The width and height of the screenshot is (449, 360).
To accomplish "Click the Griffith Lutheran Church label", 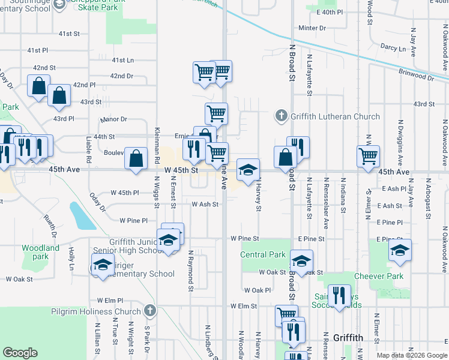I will (x=335, y=116).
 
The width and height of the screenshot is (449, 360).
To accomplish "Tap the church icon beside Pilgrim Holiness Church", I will (x=150, y=311).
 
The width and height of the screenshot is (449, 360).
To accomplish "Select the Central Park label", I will (x=263, y=254).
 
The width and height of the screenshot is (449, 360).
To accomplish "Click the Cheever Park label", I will (x=378, y=276).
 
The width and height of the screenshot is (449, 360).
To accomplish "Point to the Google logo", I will (x=20, y=353).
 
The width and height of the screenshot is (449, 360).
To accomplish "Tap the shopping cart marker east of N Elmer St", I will (x=368, y=156).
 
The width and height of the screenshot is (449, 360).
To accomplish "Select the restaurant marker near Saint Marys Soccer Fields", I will (x=340, y=295).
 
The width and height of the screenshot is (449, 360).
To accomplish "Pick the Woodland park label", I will (x=41, y=252).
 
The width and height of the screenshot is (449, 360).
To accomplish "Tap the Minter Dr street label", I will (x=312, y=28).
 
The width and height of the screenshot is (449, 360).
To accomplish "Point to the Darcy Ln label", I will (x=393, y=47).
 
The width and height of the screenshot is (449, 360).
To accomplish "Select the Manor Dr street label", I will (x=115, y=119).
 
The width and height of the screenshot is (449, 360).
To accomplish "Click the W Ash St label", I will (x=204, y=204).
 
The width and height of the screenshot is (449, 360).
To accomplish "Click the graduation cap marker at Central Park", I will (x=301, y=261).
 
